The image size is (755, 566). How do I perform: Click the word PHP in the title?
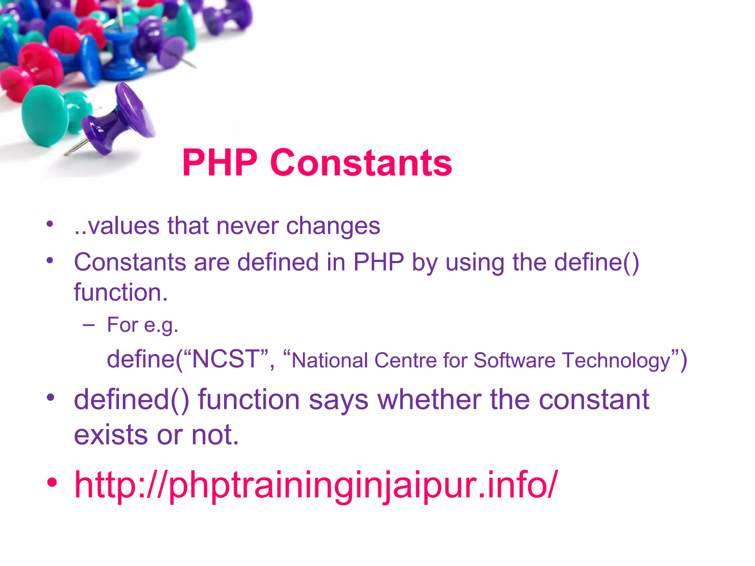click(220, 163)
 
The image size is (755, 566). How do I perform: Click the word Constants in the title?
click(361, 163)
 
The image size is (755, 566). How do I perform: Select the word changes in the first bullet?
click(333, 226)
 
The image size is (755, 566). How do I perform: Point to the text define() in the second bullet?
click(596, 262)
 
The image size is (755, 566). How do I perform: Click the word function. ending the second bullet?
click(121, 293)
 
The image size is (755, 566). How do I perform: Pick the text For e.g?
click(143, 325)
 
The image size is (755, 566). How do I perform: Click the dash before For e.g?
click(89, 325)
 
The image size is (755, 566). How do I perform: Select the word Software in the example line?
click(514, 360)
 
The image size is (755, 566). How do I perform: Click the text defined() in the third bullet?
click(132, 399)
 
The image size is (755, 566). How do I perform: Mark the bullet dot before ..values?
click(50, 224)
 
